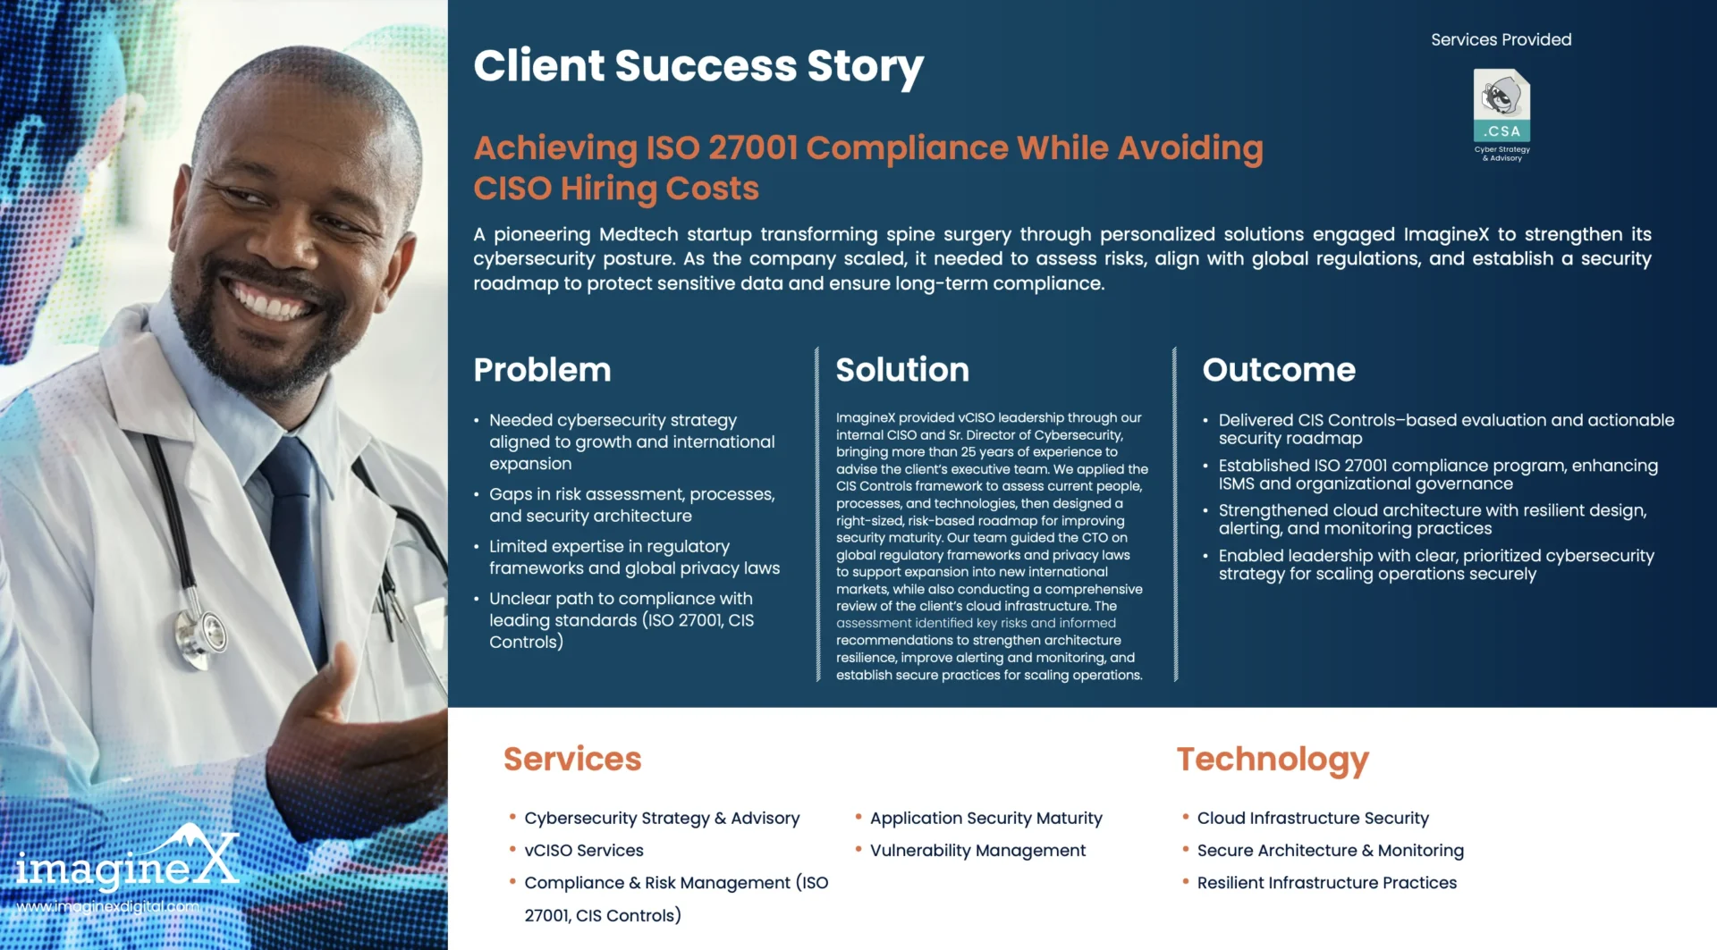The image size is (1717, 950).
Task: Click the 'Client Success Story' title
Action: click(698, 66)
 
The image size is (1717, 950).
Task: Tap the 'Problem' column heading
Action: click(542, 370)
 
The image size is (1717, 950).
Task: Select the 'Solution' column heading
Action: click(902, 370)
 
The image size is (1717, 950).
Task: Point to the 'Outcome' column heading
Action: click(1279, 370)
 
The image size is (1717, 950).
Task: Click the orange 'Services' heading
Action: click(572, 759)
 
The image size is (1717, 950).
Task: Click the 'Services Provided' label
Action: click(1501, 39)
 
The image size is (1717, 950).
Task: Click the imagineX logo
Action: click(128, 859)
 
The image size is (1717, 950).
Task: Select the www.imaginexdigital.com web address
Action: click(108, 906)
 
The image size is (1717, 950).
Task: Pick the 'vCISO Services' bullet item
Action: click(584, 851)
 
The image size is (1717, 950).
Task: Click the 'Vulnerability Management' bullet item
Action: click(977, 851)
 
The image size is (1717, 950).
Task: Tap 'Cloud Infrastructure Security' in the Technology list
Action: click(1313, 818)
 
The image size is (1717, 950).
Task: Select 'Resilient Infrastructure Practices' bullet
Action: click(1327, 883)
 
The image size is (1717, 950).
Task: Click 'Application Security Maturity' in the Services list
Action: click(985, 819)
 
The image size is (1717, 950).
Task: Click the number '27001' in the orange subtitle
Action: click(753, 148)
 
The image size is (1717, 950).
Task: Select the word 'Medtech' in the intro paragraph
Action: click(639, 234)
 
